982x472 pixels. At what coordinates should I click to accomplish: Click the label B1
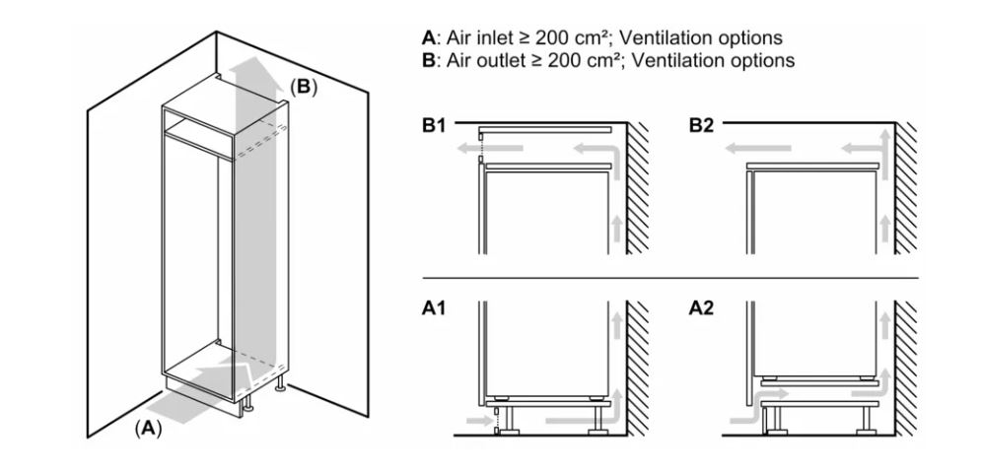pos(434,125)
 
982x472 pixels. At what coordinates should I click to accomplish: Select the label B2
pos(701,125)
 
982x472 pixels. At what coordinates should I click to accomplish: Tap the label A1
pos(434,308)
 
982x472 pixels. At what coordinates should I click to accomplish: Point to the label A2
pos(701,308)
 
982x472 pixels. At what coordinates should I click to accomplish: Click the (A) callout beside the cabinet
pos(149,428)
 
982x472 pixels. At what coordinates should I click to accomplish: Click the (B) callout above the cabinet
pos(304,87)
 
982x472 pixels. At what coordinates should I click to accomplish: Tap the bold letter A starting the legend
pos(428,37)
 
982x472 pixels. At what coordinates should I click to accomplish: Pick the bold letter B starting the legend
pos(428,60)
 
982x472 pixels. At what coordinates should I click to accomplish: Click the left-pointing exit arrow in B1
pos(489,149)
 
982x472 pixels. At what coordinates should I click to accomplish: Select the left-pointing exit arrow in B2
pos(758,149)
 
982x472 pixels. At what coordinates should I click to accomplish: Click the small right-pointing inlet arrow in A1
pos(480,420)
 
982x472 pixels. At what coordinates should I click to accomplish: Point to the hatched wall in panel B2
pos(906,188)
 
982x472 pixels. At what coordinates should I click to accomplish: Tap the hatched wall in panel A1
pos(638,369)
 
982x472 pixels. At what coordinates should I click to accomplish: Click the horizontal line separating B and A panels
pos(670,277)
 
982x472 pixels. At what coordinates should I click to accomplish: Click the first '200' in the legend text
pos(553,37)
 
